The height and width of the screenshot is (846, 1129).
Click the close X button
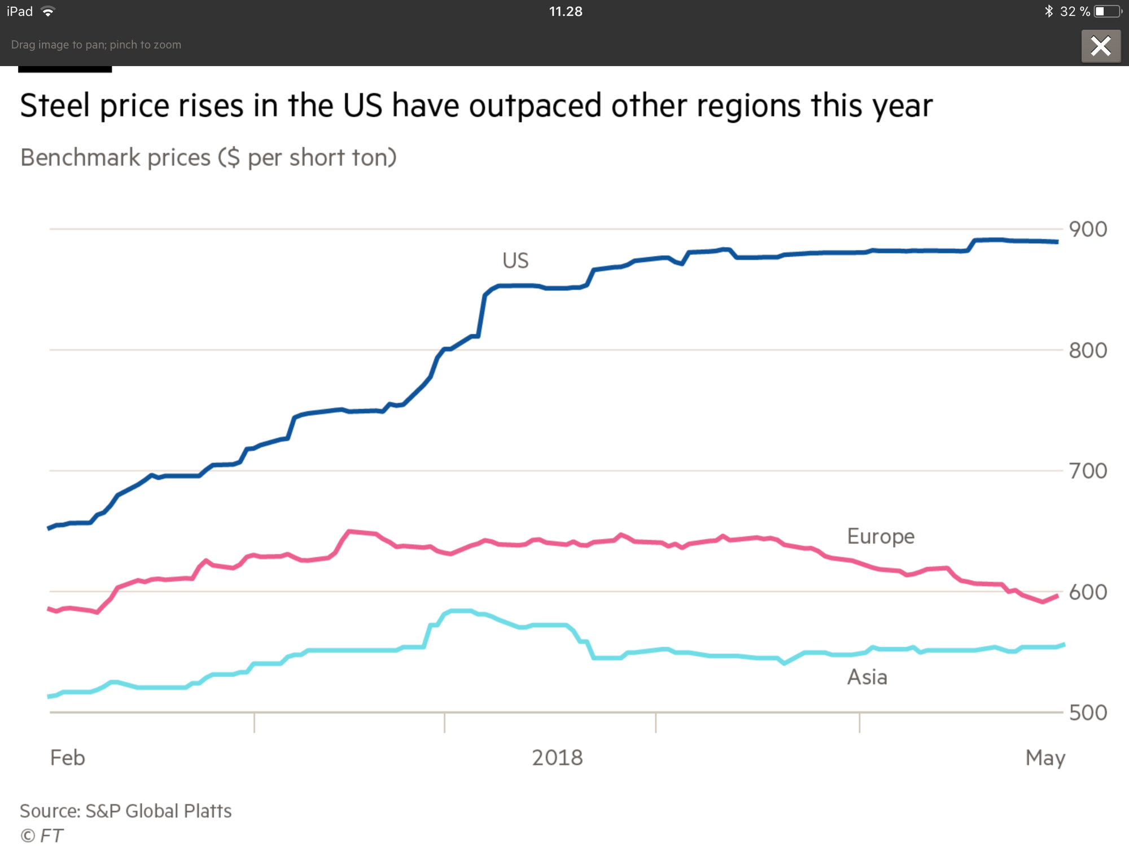pos(1100,46)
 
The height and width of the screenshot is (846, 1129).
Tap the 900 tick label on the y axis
pos(1088,230)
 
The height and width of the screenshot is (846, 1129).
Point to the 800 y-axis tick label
pos(1088,350)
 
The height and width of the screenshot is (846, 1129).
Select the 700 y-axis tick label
pos(1088,471)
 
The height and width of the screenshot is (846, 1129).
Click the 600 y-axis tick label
pos(1088,592)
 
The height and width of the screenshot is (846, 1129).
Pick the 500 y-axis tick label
pos(1088,713)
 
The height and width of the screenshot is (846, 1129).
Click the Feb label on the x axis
pos(68,757)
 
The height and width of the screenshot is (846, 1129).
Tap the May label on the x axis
pos(1045,758)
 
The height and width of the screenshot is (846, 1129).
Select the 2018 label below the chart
pos(557,757)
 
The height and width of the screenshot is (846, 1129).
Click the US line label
pos(515,261)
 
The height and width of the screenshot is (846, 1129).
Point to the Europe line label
pos(881,536)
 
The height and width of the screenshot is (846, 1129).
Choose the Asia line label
pos(867,677)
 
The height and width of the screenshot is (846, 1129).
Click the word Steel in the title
pos(55,105)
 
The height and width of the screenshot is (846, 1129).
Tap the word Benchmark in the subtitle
pos(80,158)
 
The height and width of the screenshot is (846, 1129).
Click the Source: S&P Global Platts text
pos(126,811)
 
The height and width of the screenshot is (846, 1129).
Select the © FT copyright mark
pos(41,835)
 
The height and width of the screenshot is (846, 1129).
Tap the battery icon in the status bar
pos(1107,11)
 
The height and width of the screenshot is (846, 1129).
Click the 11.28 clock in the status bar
pos(566,11)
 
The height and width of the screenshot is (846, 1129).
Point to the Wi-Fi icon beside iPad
pos(48,11)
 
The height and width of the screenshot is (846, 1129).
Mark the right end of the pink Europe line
pos(1057,596)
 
